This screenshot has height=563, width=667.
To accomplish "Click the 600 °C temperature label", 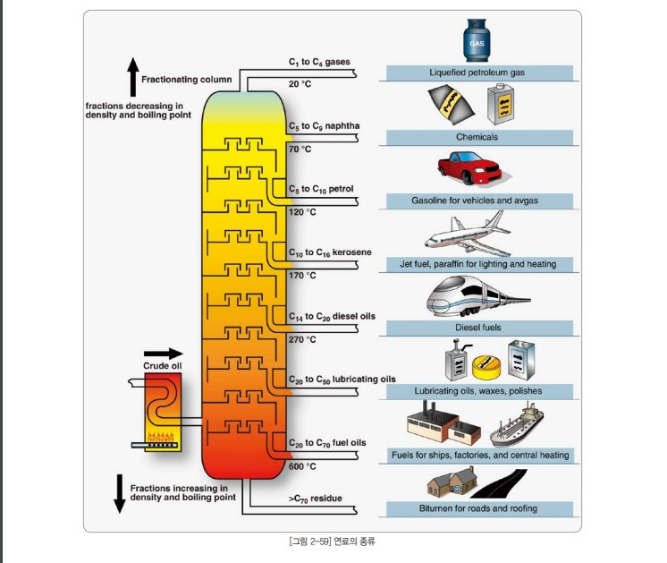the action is (x=302, y=466).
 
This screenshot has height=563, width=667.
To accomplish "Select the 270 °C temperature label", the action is (x=302, y=339).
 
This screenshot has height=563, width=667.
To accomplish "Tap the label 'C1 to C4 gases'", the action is (x=319, y=63).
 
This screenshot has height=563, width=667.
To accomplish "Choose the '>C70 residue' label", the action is (x=316, y=498).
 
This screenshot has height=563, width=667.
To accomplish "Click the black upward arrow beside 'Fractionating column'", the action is (x=132, y=76).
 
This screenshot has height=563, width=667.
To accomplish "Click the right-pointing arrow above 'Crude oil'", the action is (x=163, y=354).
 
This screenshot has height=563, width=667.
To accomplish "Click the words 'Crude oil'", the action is (x=162, y=366).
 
